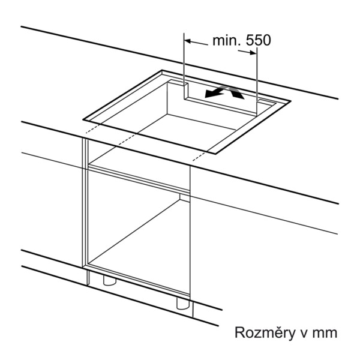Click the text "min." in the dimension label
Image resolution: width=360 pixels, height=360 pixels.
pyautogui.click(x=227, y=40)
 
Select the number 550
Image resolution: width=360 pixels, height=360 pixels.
pyautogui.click(x=259, y=40)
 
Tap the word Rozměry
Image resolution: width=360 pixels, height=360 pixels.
pyautogui.click(x=264, y=333)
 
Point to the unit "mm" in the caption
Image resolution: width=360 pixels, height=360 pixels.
pyautogui.click(x=325, y=334)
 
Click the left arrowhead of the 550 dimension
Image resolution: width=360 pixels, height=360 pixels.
pyautogui.click(x=188, y=41)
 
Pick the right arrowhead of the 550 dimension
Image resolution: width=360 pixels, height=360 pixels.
pyautogui.click(x=253, y=53)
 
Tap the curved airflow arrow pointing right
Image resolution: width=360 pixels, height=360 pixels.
pyautogui.click(x=235, y=92)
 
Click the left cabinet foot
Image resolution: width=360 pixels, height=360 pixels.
pyautogui.click(x=110, y=280)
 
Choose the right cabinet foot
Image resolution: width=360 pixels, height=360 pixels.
pyautogui.click(x=183, y=303)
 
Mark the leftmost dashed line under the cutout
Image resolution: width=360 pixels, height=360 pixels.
pyautogui.click(x=93, y=128)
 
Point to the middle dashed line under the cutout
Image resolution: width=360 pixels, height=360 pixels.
pyautogui.click(x=127, y=140)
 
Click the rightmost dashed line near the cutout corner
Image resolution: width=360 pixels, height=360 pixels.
pyautogui.click(x=200, y=156)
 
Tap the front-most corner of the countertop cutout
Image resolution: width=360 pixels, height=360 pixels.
pyautogui.click(x=215, y=154)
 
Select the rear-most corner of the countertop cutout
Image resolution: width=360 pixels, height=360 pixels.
pyautogui.click(x=163, y=70)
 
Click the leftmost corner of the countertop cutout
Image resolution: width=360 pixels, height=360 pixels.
pyautogui.click(x=83, y=119)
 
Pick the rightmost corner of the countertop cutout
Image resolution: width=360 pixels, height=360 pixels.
pyautogui.click(x=291, y=101)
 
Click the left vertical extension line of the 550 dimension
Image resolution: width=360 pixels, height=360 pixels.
pyautogui.click(x=184, y=66)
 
